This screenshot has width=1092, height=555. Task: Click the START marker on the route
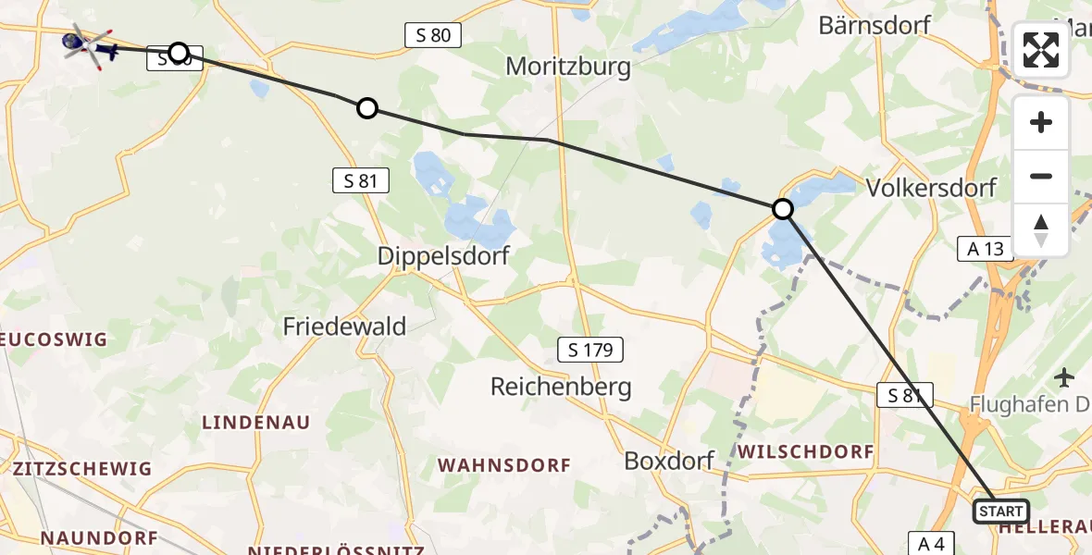pos(1001,512)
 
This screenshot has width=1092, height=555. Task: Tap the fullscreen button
pos(1041,50)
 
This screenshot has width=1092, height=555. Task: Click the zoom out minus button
pos(1041,176)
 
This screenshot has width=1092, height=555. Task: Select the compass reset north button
pos(1041,229)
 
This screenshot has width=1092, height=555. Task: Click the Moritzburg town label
pos(569,67)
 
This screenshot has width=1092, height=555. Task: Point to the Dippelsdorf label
pos(443,256)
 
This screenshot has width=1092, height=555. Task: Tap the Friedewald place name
pos(344,326)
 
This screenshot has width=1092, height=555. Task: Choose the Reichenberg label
pos(561,387)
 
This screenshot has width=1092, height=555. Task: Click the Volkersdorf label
pos(931,188)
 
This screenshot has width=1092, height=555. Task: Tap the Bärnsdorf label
pos(875,25)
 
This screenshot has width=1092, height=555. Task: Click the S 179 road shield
pos(590,350)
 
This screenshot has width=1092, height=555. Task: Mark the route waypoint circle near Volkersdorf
pos(783,209)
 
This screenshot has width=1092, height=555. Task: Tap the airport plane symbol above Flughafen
pos(1065,377)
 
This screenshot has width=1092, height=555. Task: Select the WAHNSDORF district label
pos(504,465)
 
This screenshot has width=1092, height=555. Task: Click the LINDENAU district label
pos(256,422)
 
